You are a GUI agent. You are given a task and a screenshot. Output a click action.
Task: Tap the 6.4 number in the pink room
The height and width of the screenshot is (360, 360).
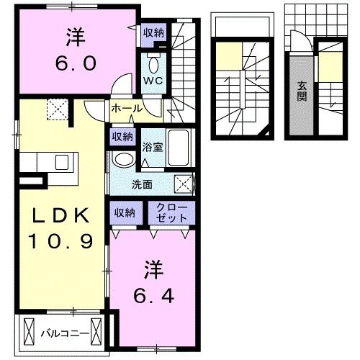153,295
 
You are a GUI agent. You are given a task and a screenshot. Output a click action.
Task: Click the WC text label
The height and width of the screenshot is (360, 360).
153,81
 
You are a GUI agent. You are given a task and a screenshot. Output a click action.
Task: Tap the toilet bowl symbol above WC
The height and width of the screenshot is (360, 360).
153,59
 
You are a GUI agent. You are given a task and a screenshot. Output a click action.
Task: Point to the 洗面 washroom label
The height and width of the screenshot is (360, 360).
141,184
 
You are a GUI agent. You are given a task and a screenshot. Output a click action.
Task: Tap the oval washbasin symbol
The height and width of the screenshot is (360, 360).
124,160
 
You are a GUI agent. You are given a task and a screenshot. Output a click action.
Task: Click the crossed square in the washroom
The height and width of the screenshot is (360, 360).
184,184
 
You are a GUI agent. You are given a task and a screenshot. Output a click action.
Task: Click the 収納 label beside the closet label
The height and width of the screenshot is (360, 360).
123,212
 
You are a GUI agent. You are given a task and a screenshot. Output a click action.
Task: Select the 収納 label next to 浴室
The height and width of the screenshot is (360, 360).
122,136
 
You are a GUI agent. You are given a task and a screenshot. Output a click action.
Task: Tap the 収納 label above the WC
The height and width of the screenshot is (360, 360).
153,32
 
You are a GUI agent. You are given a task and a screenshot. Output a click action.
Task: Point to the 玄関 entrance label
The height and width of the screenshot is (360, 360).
301,89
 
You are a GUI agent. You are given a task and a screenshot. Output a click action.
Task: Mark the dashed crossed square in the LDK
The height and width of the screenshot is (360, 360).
55,109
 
